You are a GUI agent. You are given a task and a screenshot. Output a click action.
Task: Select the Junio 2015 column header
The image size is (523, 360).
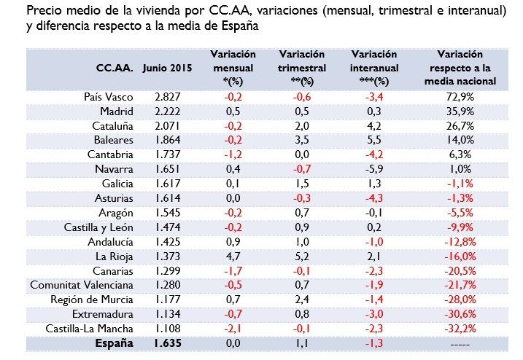point(167,68)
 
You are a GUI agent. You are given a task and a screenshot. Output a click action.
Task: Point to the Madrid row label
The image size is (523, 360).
point(116,111)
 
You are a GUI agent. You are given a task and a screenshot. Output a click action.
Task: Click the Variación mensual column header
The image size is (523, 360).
point(233,68)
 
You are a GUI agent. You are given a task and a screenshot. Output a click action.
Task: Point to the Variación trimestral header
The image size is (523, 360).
point(302,68)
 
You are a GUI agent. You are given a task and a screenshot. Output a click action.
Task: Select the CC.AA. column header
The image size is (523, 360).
point(115,68)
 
